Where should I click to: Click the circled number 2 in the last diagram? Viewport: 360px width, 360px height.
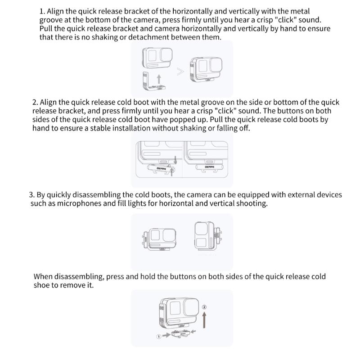click(204, 308)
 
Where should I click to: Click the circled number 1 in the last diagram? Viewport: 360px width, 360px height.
click(159, 336)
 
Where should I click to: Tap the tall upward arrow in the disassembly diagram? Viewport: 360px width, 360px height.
click(204, 321)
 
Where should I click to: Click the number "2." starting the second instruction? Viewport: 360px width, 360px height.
click(36, 103)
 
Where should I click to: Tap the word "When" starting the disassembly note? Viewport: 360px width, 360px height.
click(43, 276)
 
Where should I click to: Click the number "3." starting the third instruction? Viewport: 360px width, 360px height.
click(32, 195)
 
